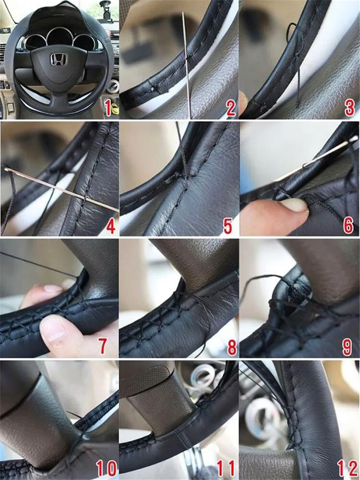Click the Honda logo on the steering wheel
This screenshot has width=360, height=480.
58,59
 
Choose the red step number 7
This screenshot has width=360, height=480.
103,346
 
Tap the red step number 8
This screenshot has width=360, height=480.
232,347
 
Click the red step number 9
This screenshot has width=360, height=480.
347,347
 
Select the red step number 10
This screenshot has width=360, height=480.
106,468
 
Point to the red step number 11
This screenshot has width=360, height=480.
225,468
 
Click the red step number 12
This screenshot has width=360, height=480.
347,468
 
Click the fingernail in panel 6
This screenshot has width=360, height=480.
294,205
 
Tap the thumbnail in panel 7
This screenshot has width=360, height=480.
53,331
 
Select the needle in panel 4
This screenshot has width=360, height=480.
61,190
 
